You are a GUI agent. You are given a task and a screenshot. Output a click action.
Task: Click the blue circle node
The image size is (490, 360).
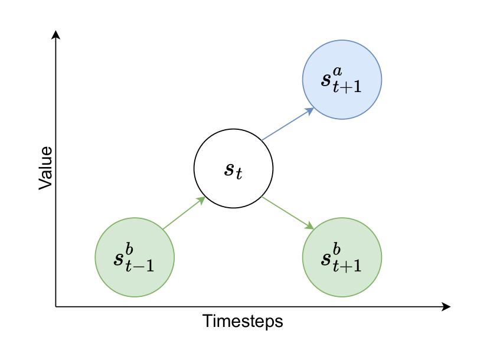coord(342,80)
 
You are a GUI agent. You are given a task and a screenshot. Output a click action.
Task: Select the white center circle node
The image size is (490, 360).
coord(233,168)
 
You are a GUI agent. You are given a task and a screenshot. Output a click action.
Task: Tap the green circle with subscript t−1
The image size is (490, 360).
coord(135,257)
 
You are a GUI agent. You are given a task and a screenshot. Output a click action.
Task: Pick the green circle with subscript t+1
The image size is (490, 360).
coord(342,257)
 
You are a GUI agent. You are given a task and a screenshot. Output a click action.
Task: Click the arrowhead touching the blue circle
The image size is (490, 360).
coord(309,110)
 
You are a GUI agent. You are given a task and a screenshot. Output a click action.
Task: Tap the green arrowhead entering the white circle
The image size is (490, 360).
coord(201,200)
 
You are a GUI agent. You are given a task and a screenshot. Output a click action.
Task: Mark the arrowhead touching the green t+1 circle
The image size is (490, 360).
coord(309,225)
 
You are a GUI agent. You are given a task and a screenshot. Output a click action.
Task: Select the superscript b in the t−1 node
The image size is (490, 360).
coord(130,248)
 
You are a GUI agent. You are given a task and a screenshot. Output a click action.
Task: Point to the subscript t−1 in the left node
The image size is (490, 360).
coord(141,265)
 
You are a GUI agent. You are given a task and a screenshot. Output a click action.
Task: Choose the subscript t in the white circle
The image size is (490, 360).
coord(239,175)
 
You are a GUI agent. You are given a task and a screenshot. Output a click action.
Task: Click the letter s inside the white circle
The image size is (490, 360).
coord(230,169)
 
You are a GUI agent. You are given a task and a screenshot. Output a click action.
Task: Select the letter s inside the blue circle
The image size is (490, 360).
coord(326,80)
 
